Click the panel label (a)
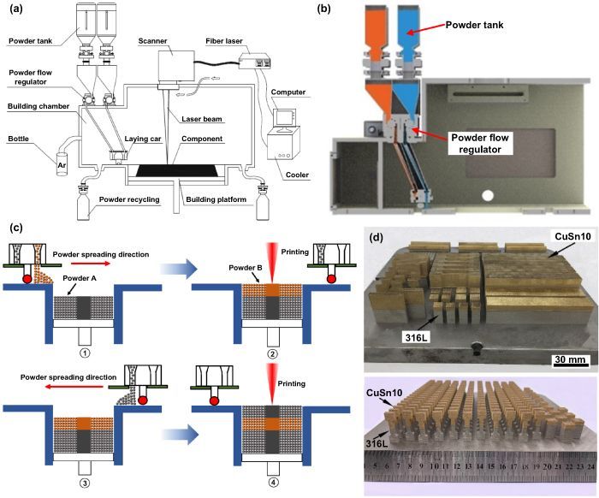click(14, 9)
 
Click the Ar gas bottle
click(62, 163)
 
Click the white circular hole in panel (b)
click(487, 195)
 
